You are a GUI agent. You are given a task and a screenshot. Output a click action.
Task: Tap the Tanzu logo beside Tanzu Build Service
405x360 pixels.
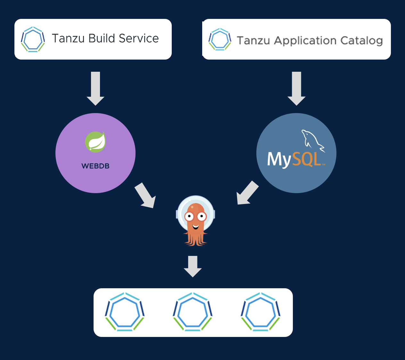click(33, 39)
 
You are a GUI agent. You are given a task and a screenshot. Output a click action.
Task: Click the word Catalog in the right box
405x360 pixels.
click(361, 41)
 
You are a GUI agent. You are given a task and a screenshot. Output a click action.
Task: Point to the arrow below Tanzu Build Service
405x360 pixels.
click(95, 88)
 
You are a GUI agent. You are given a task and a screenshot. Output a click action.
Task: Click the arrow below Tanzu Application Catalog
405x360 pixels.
click(296, 88)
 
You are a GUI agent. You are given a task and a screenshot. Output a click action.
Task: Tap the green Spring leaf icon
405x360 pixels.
click(95, 142)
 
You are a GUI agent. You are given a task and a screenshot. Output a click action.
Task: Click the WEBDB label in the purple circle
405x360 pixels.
click(95, 166)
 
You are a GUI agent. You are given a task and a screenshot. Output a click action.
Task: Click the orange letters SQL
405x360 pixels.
click(307, 159)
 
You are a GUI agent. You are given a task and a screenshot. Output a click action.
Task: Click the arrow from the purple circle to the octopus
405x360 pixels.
click(146, 196)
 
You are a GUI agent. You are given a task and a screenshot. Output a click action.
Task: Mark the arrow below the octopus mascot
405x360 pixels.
click(193, 266)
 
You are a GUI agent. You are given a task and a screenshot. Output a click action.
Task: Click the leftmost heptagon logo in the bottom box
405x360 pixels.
click(125, 312)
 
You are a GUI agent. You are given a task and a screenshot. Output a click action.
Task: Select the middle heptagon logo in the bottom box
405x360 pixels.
click(193, 312)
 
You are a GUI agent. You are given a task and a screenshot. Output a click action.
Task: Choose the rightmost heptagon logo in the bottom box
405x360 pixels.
click(260, 312)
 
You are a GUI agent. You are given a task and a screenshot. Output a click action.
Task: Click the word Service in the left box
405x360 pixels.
click(139, 38)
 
